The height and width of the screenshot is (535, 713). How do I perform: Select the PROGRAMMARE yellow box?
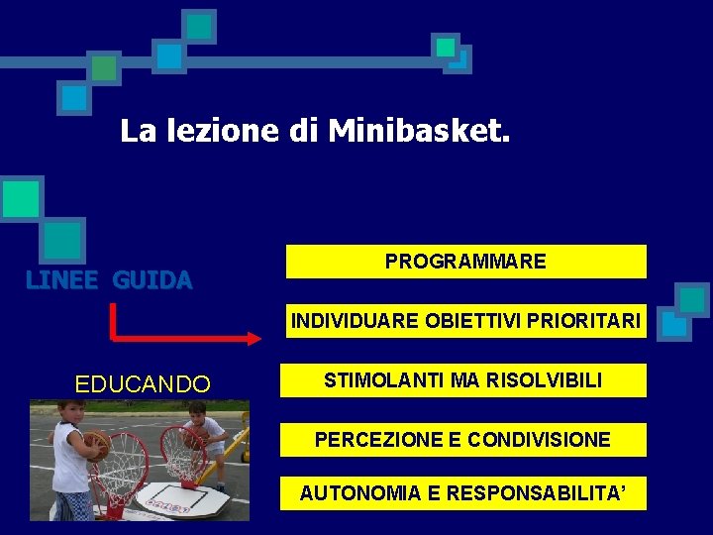click(x=465, y=262)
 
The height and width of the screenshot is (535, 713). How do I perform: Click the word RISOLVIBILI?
click(x=544, y=380)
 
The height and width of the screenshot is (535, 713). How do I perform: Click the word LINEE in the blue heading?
click(x=61, y=280)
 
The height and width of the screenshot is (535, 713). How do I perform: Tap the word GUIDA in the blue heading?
click(x=153, y=280)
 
